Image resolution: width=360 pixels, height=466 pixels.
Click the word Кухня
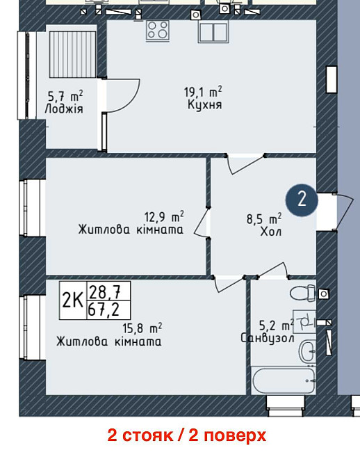(204, 105)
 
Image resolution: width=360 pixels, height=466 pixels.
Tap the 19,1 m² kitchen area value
(203, 90)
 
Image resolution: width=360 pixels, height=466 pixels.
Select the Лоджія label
(63, 109)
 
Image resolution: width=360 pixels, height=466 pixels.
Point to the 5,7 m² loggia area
(65, 95)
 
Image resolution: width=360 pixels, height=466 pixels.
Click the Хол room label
(270, 232)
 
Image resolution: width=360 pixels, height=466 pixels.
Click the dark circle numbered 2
(302, 200)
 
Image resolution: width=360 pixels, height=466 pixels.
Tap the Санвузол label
(268, 338)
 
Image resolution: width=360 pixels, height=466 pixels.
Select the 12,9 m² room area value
(163, 216)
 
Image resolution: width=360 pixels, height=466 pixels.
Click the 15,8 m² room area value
(142, 328)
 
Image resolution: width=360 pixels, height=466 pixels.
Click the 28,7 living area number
(99, 292)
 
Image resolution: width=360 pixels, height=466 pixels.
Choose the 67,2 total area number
(99, 309)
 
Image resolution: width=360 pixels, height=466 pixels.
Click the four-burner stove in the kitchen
(158, 30)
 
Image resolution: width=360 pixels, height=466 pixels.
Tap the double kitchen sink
(213, 31)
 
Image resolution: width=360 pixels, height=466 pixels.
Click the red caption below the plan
(186, 436)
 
